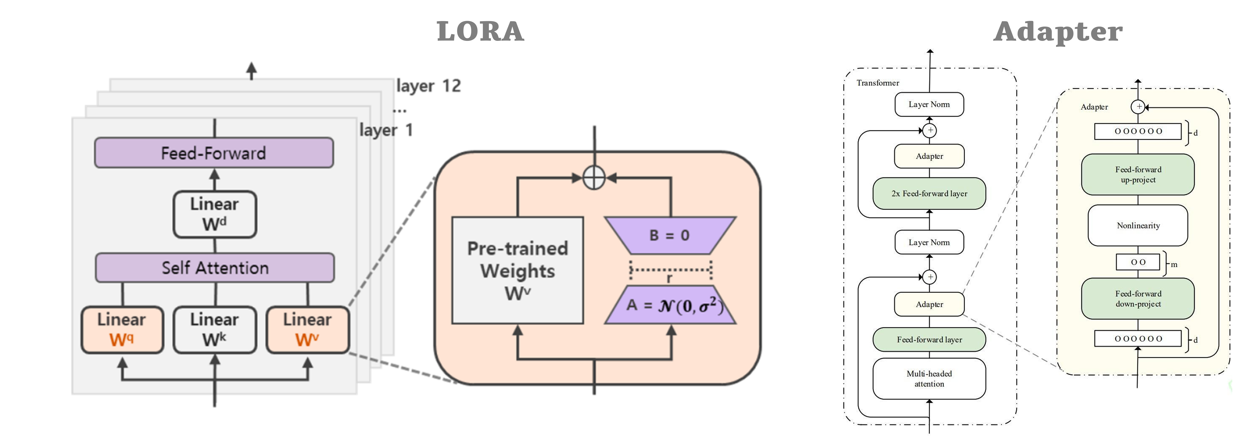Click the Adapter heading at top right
coord(1058,32)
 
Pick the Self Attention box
coord(215,268)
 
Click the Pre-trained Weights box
coord(518,270)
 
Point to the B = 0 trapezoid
coord(670,235)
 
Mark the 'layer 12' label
coord(428,86)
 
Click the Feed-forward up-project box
coord(1138,174)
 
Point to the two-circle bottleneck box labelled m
coord(1138,262)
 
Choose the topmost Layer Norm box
coord(929,104)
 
